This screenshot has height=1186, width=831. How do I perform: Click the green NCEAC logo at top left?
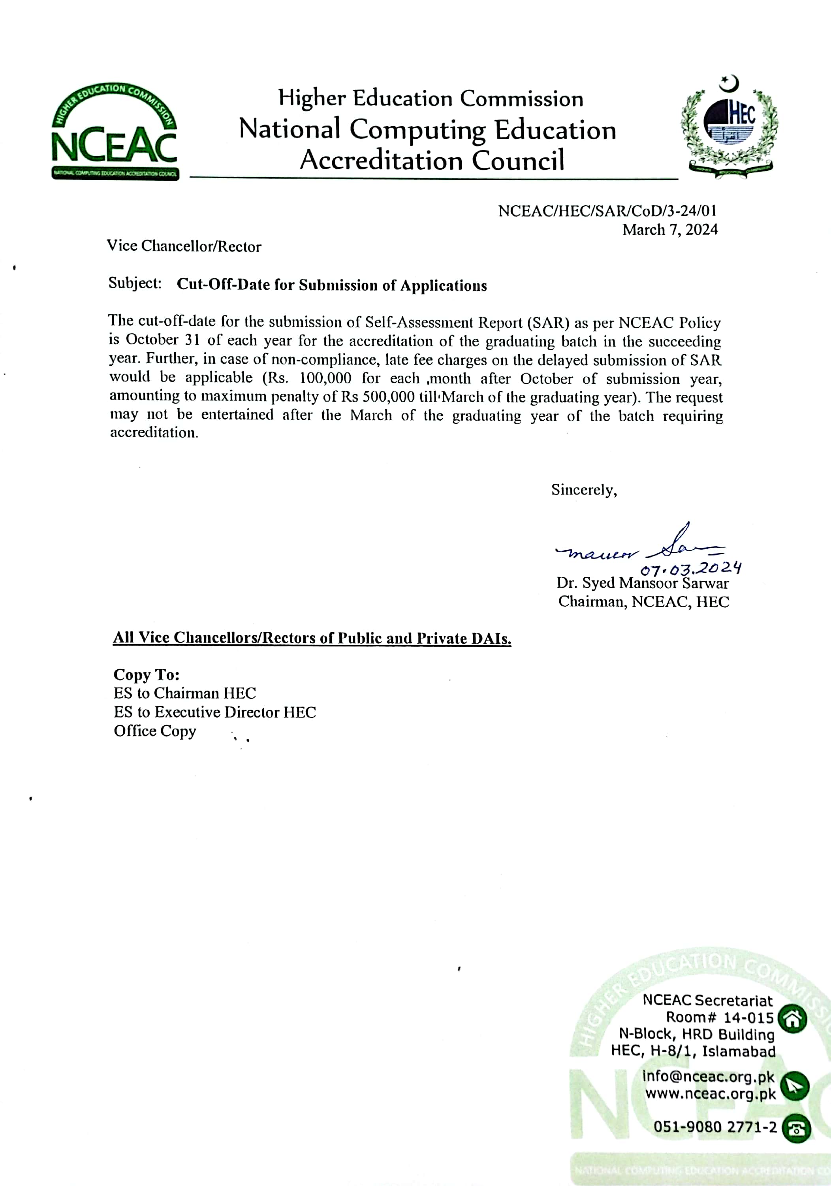(115, 132)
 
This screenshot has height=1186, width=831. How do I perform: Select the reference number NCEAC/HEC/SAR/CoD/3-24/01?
(607, 211)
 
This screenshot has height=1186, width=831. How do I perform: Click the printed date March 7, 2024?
(669, 229)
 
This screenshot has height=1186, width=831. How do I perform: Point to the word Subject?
(135, 283)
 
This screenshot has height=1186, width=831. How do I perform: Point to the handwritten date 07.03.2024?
(691, 569)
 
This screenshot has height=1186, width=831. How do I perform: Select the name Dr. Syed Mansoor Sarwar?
(642, 583)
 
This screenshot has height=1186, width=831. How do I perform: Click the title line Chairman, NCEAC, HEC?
(643, 602)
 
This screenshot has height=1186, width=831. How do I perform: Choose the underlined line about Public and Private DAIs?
(312, 638)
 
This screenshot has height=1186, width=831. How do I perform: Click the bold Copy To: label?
(146, 674)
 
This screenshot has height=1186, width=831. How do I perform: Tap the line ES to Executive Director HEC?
(215, 712)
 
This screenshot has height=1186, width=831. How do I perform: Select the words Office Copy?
(155, 731)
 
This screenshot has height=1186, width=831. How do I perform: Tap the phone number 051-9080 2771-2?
(714, 1127)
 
